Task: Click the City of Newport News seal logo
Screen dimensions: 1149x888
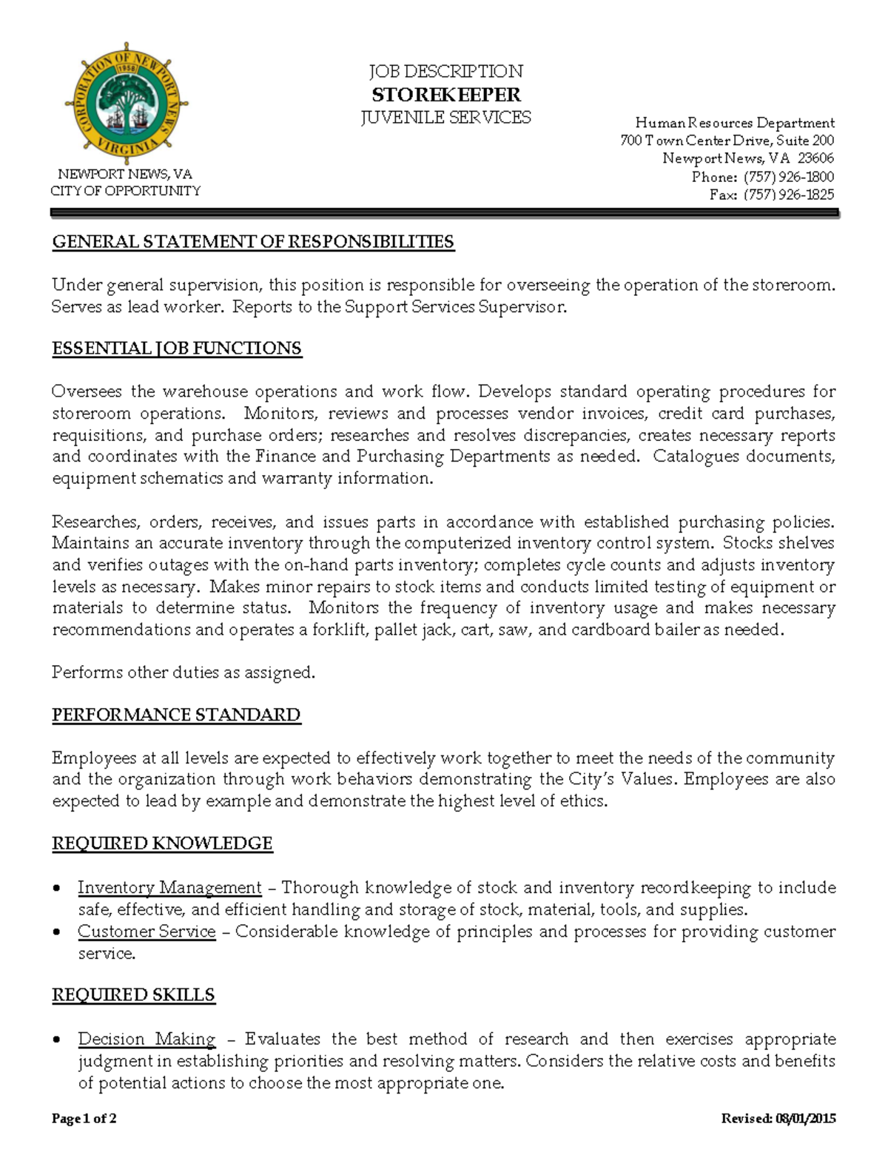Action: coord(126,104)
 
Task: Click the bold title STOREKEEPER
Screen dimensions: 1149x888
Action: coord(445,95)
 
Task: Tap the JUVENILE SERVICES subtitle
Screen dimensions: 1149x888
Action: coord(445,118)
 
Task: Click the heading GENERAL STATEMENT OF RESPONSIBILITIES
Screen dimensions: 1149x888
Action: coord(253,242)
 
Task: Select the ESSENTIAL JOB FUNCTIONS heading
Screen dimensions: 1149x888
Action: coord(177,348)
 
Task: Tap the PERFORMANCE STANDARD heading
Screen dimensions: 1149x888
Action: coord(176,715)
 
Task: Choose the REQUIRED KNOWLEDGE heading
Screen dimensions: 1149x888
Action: coord(162,843)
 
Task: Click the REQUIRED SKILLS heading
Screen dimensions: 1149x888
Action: coord(133,995)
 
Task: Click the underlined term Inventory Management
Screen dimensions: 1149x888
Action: coord(169,888)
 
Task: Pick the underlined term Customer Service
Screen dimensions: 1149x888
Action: coord(147,931)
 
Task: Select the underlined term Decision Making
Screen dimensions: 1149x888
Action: coord(147,1040)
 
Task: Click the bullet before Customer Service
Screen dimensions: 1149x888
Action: coord(57,932)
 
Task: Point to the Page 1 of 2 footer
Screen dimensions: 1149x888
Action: coord(84,1118)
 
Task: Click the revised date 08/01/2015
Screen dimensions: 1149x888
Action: coord(805,1118)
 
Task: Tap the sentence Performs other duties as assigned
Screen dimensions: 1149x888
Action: coord(184,673)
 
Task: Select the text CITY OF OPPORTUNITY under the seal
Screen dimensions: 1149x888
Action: coord(126,191)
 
